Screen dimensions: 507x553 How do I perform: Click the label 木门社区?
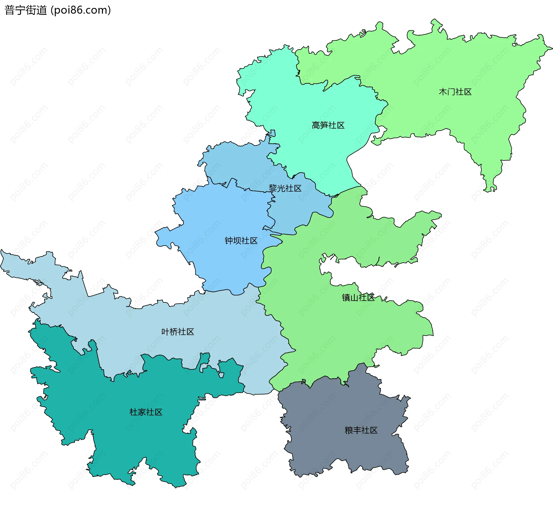pyautogui.click(x=455, y=92)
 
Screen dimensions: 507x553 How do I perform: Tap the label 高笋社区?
pyautogui.click(x=328, y=125)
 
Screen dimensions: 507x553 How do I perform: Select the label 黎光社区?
pyautogui.click(x=285, y=189)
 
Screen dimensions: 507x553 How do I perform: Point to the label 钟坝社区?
pyautogui.click(x=241, y=241)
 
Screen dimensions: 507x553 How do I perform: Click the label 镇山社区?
pyautogui.click(x=358, y=297)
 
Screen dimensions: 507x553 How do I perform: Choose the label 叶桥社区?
pyautogui.click(x=178, y=332)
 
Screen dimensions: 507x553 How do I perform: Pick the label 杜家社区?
pyautogui.click(x=146, y=412)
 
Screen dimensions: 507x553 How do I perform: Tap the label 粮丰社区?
pyautogui.click(x=361, y=430)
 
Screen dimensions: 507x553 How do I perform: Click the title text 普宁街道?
pyautogui.click(x=26, y=10)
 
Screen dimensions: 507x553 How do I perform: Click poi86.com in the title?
pyautogui.click(x=81, y=10)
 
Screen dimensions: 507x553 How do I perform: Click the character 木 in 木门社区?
pyautogui.click(x=443, y=92)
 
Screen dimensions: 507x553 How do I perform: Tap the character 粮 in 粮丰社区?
pyautogui.click(x=349, y=430)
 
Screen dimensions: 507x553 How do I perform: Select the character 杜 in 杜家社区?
pyautogui.click(x=134, y=412)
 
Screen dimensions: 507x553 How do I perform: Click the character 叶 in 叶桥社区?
pyautogui.click(x=165, y=332)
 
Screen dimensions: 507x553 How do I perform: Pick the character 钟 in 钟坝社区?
pyautogui.click(x=229, y=241)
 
